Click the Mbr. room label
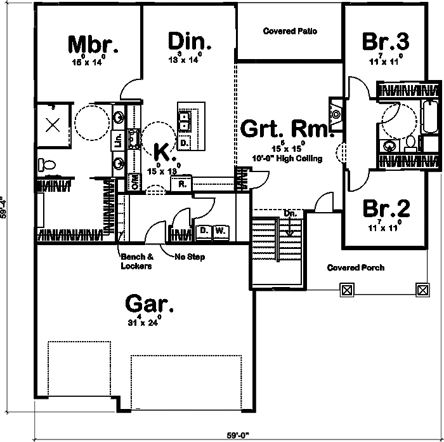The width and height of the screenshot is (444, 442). click(93, 44)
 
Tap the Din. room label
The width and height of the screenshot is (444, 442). click(190, 41)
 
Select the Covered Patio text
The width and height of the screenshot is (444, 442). click(290, 31)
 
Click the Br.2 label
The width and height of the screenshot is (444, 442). click(386, 209)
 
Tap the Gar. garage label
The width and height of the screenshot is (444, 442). click(150, 304)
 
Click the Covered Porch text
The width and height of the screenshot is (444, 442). click(355, 267)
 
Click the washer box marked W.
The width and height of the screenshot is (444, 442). click(220, 231)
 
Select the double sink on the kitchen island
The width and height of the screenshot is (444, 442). click(185, 120)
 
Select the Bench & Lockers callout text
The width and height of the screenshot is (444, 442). click(136, 262)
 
